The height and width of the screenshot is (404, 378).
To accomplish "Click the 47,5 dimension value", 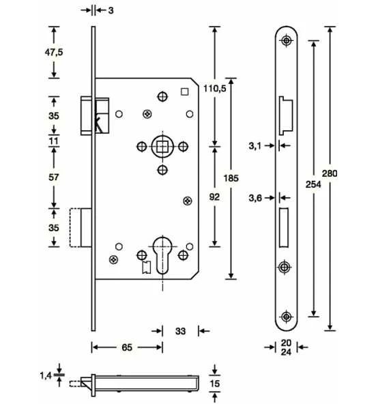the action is click(54, 53).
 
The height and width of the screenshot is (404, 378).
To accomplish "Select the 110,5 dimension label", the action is click(215, 89).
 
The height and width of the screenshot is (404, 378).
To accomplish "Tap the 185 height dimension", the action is click(231, 178).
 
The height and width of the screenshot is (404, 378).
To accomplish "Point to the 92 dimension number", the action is click(214, 197).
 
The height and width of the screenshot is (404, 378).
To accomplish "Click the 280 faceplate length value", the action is click(330, 173).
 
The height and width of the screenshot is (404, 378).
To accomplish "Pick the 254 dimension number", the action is click(313, 184).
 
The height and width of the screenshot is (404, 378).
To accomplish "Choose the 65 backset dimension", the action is click(127, 347).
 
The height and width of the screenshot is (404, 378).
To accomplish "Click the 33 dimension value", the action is click(180, 331).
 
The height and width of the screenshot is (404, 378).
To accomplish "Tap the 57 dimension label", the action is click(54, 177).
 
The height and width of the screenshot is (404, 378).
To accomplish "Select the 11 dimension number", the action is click(54, 141).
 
